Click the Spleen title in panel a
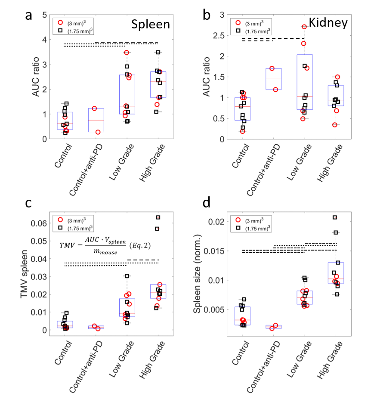click(150, 25)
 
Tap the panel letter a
click(29, 15)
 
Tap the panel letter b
click(207, 15)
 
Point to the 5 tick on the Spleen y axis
click(44, 15)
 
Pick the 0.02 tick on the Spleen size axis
click(216, 222)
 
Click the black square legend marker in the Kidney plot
click(238, 31)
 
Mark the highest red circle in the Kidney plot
click(304, 27)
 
